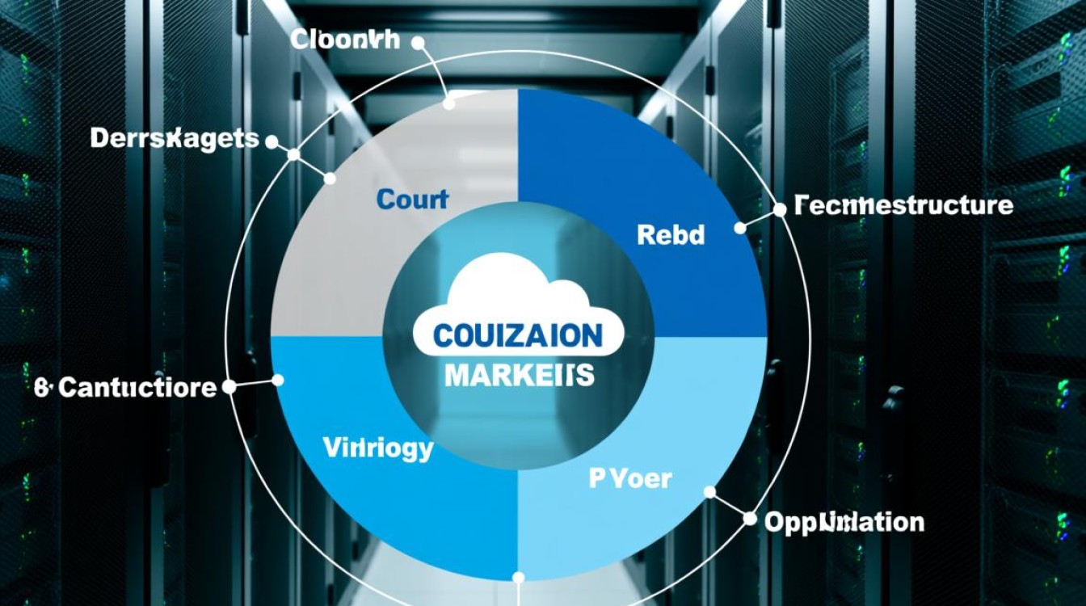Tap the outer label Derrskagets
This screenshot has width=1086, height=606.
coord(175,138)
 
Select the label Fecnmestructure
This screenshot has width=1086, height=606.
coord(903,205)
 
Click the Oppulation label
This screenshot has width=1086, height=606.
coord(844,521)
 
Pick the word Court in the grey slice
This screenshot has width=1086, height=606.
coord(412,200)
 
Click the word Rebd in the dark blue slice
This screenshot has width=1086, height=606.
coord(671,235)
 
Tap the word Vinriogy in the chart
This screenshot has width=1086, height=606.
coord(378,448)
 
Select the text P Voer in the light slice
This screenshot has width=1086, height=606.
coord(629,478)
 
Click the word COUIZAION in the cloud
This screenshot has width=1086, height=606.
coord(518,335)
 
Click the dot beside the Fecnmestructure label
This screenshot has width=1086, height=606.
coord(780,209)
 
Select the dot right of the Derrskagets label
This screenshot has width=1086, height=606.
coord(271,141)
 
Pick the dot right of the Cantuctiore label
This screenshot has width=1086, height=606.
coord(229,387)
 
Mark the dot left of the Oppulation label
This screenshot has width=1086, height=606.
coord(749,518)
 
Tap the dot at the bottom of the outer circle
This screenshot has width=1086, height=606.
coord(519,578)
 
